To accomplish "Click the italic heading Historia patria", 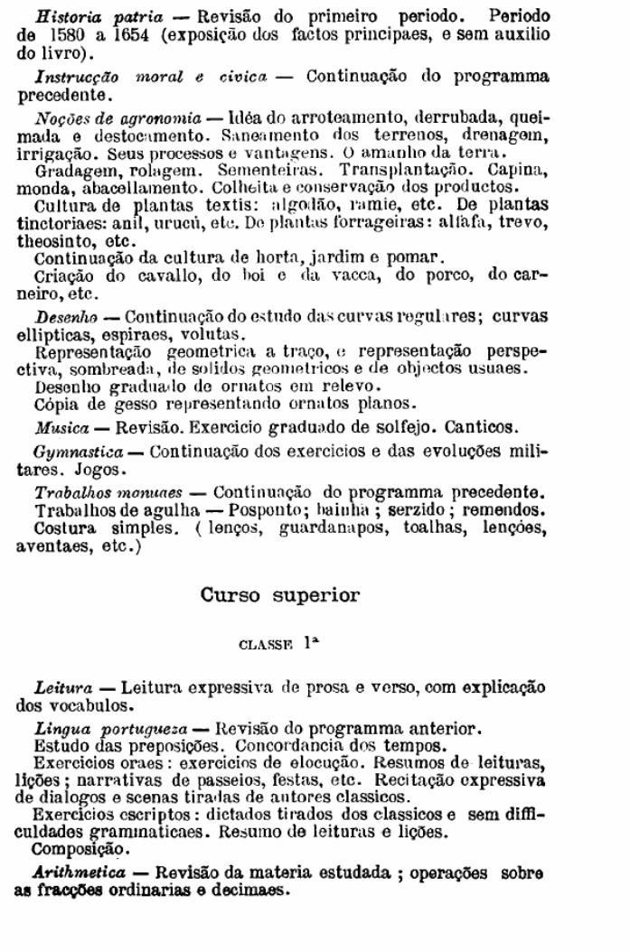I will click(x=99, y=17).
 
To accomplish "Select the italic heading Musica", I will click(x=61, y=426).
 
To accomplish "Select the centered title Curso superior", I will click(x=279, y=596).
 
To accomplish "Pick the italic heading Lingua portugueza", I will click(x=108, y=729).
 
